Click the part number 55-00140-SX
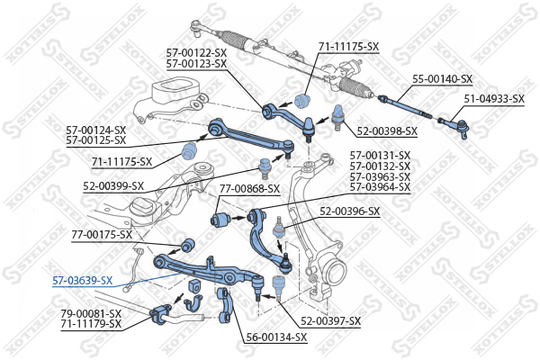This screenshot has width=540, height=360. tap(443, 79)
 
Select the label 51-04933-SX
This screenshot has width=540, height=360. tap(494, 99)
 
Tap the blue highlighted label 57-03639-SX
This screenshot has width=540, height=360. tap(82, 281)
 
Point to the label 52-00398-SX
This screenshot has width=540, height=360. tap(387, 131)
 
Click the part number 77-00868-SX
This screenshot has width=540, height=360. tap(249, 189)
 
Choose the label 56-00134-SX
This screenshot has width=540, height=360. tap(276, 337)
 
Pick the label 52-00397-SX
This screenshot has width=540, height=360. tap(330, 321)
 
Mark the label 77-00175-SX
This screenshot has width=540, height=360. tap(102, 235)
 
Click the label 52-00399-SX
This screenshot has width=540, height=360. tap(113, 186)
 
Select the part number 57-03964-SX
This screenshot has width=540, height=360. tap(380, 187)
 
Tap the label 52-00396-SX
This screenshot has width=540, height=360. tap(349, 211)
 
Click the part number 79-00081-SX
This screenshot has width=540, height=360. tap(91, 314)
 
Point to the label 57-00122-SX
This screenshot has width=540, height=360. tap(196, 53)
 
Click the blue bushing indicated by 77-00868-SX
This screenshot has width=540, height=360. tap(220, 219)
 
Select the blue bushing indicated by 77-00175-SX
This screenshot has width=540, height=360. tap(188, 245)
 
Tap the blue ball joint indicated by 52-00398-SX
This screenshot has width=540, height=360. tap(338, 116)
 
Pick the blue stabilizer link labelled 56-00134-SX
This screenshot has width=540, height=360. tap(225, 306)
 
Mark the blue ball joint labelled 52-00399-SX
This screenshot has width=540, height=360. tap(265, 168)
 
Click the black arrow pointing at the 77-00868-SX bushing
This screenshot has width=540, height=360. tap(238, 218)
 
